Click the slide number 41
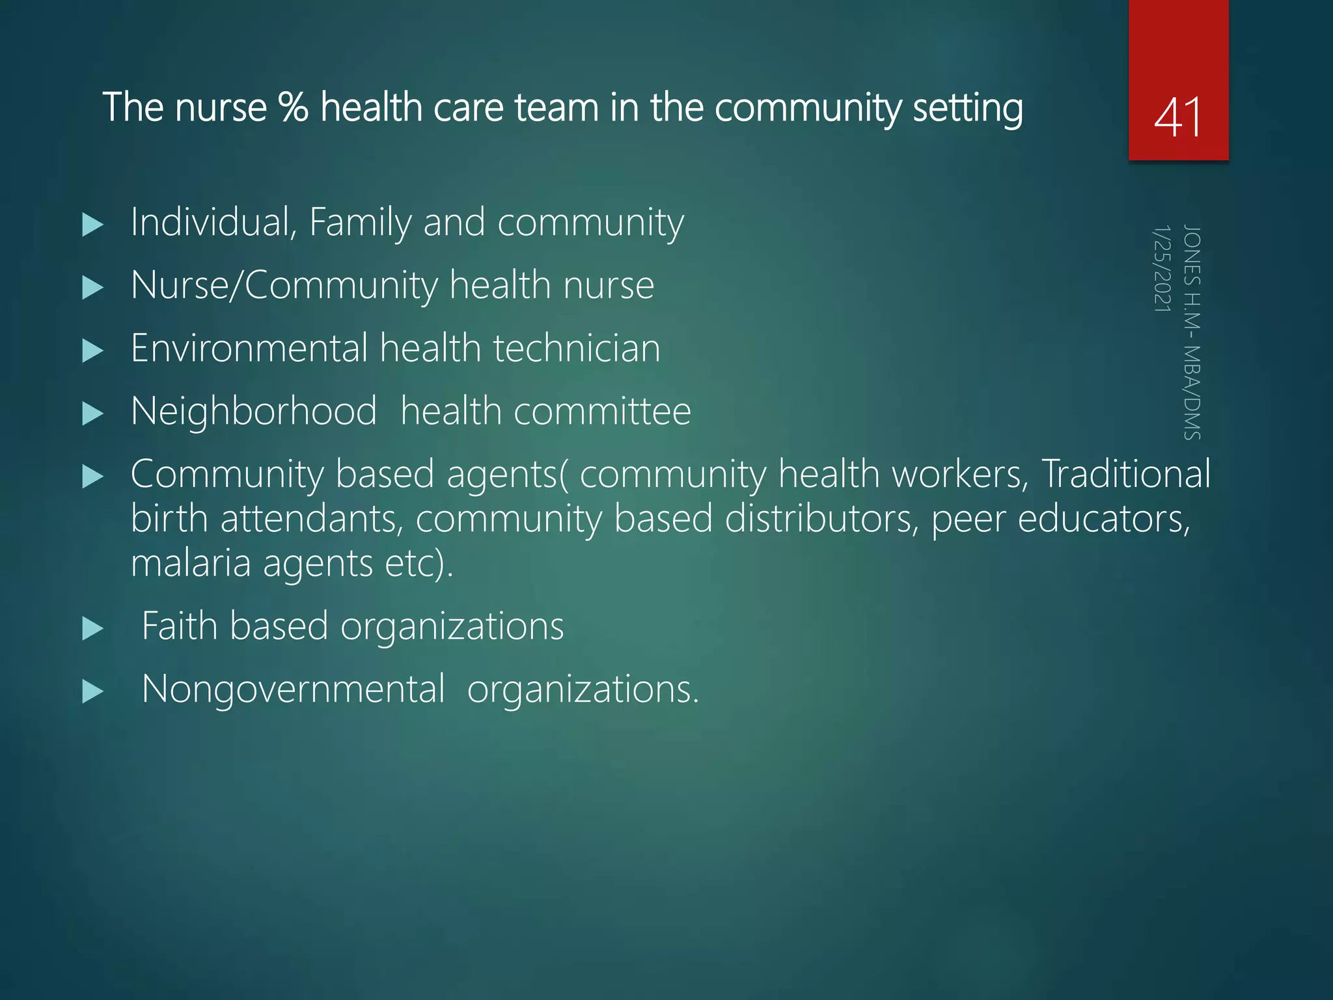point(1177,117)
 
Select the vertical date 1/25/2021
point(1162,268)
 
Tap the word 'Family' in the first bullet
point(360,222)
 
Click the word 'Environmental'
point(249,348)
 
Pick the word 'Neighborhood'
point(254,411)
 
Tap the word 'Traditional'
point(1125,473)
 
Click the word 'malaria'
point(190,563)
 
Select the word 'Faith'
point(179,626)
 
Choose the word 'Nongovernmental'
point(293,689)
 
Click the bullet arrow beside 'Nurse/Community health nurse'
point(93,288)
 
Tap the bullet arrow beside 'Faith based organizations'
point(93,629)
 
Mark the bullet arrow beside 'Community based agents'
point(93,477)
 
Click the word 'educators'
point(1103,519)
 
